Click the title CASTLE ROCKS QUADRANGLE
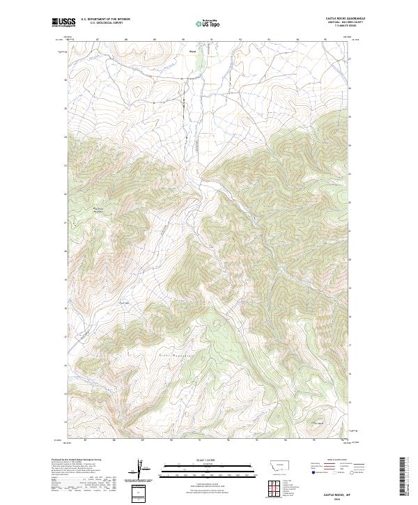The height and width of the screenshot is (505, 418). [345, 19]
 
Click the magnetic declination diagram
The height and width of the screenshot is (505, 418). [142, 469]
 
